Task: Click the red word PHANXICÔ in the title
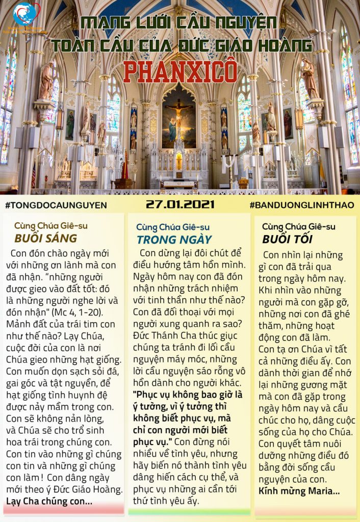click(179, 72)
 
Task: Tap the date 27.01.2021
click(179, 204)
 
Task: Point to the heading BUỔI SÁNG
click(46, 238)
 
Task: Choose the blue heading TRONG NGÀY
click(174, 239)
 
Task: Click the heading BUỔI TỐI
click(288, 239)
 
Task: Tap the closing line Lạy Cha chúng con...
click(49, 501)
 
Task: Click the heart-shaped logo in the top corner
click(26, 15)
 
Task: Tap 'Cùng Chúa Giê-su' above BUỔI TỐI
click(299, 226)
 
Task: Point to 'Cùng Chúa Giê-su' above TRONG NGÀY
click(173, 227)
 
